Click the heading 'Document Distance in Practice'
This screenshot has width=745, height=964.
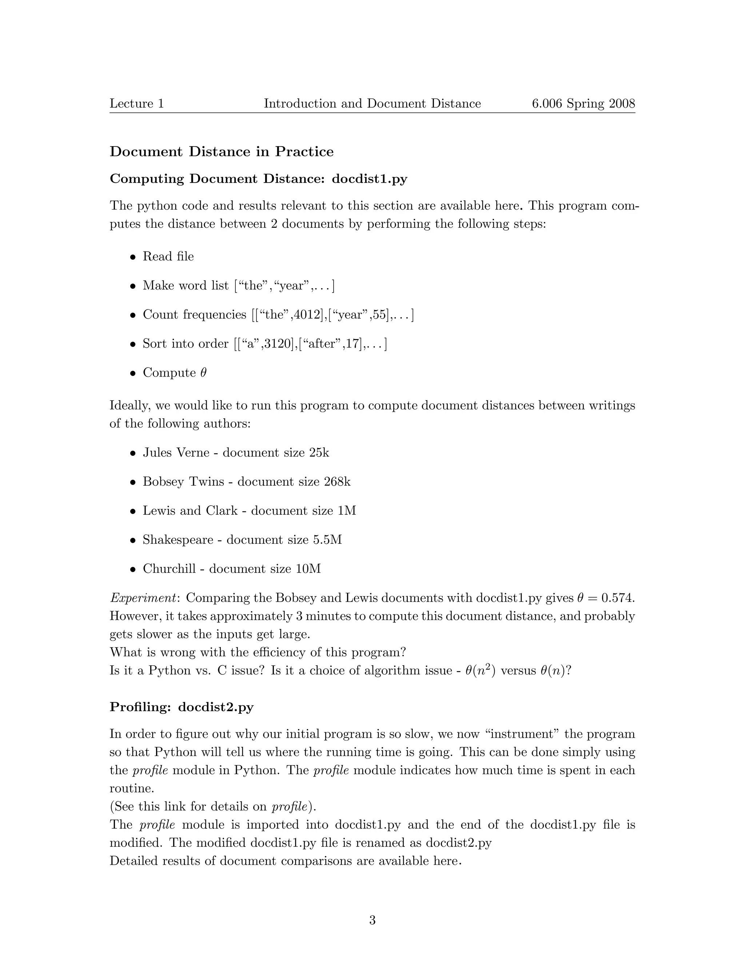tap(222, 152)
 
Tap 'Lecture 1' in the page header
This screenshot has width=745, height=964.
tap(137, 104)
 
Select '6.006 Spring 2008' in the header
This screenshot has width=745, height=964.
tap(583, 104)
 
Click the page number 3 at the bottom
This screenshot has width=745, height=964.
tap(372, 920)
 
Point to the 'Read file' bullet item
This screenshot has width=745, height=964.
tap(168, 256)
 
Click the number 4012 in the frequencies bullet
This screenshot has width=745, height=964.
tap(308, 315)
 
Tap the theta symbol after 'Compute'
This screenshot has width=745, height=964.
tap(203, 373)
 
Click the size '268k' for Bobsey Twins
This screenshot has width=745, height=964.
tap(337, 482)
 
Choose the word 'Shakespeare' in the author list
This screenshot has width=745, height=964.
tap(178, 540)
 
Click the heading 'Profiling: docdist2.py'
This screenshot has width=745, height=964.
tap(182, 707)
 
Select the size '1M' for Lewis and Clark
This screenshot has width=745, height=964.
tap(347, 511)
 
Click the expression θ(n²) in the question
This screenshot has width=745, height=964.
tap(481, 671)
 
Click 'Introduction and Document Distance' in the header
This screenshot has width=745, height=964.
tap(372, 104)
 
